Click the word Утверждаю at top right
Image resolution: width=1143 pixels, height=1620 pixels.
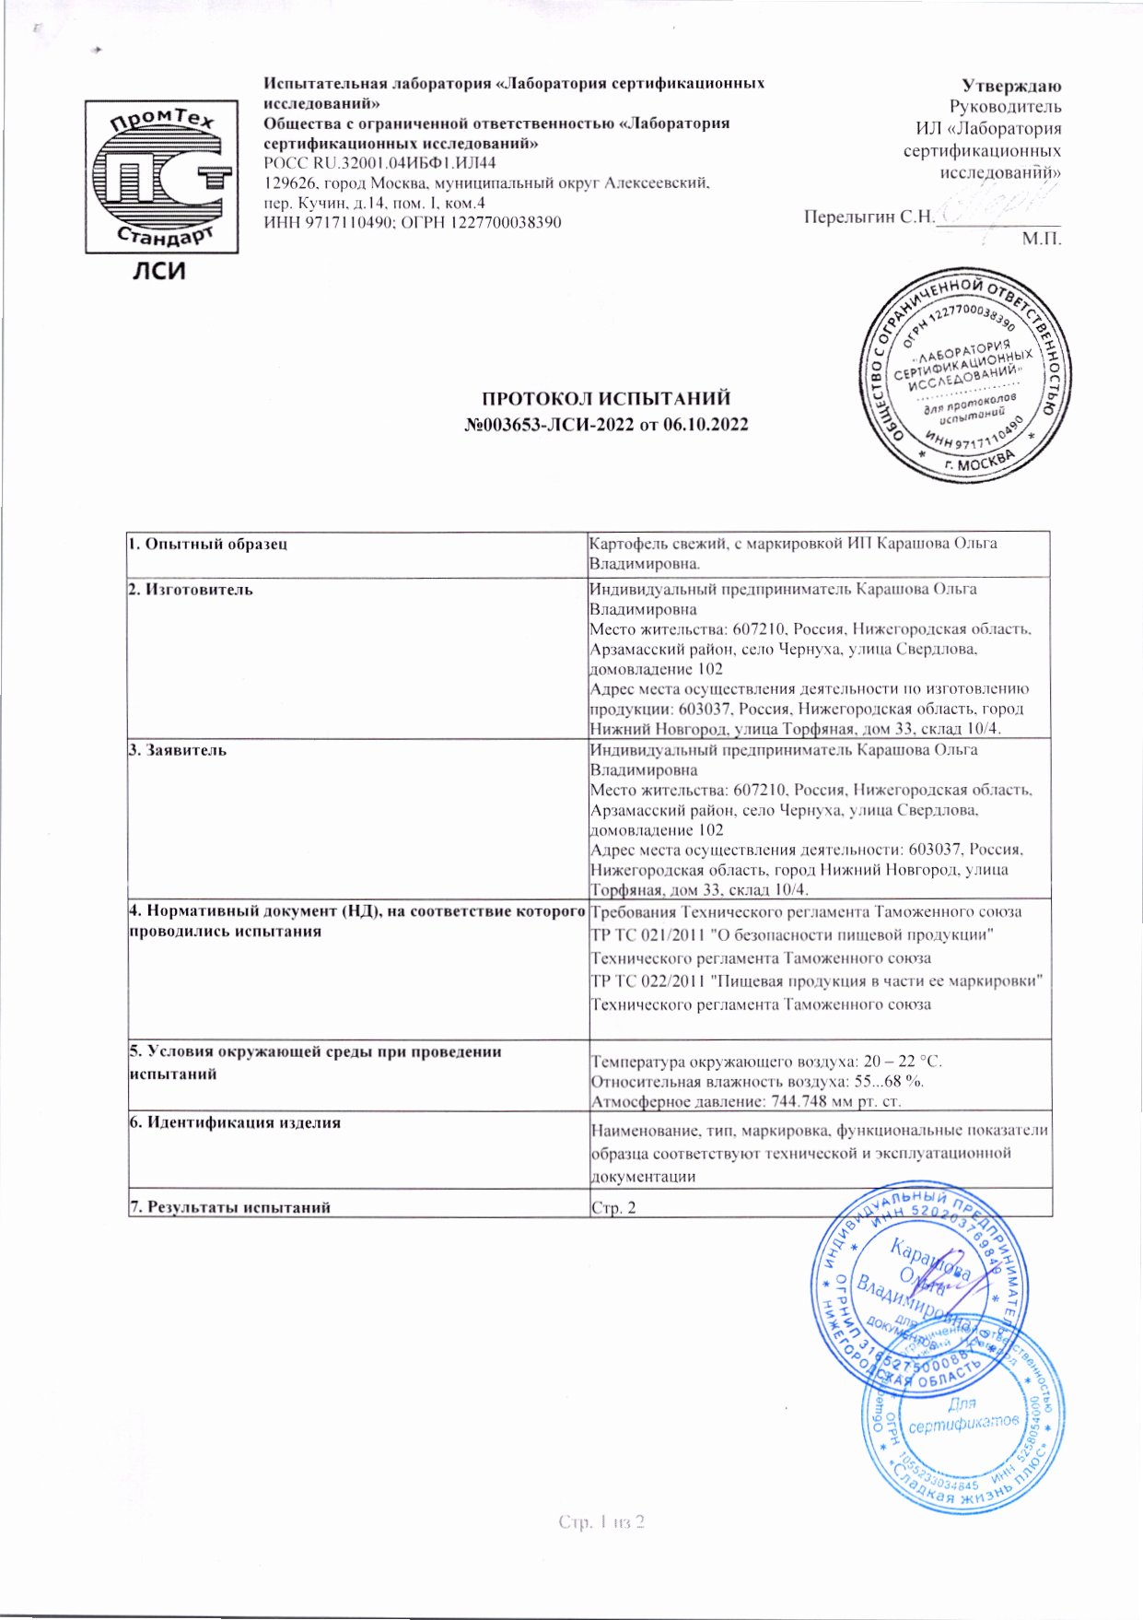tap(1011, 86)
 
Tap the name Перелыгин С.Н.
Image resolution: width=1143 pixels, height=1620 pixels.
tap(869, 217)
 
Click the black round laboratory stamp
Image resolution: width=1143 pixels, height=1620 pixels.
tap(965, 375)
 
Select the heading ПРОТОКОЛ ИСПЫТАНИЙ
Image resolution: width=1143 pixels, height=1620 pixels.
tap(606, 399)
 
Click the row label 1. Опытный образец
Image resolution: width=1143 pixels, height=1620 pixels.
tap(208, 544)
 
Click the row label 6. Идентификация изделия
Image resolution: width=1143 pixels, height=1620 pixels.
tap(235, 1122)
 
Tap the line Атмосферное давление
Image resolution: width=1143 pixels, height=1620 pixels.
tap(745, 1101)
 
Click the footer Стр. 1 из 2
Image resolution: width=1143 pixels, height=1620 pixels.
tap(601, 1521)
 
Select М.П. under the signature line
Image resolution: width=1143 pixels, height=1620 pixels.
tap(1042, 239)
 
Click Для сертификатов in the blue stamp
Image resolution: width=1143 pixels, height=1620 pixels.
tap(963, 1415)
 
